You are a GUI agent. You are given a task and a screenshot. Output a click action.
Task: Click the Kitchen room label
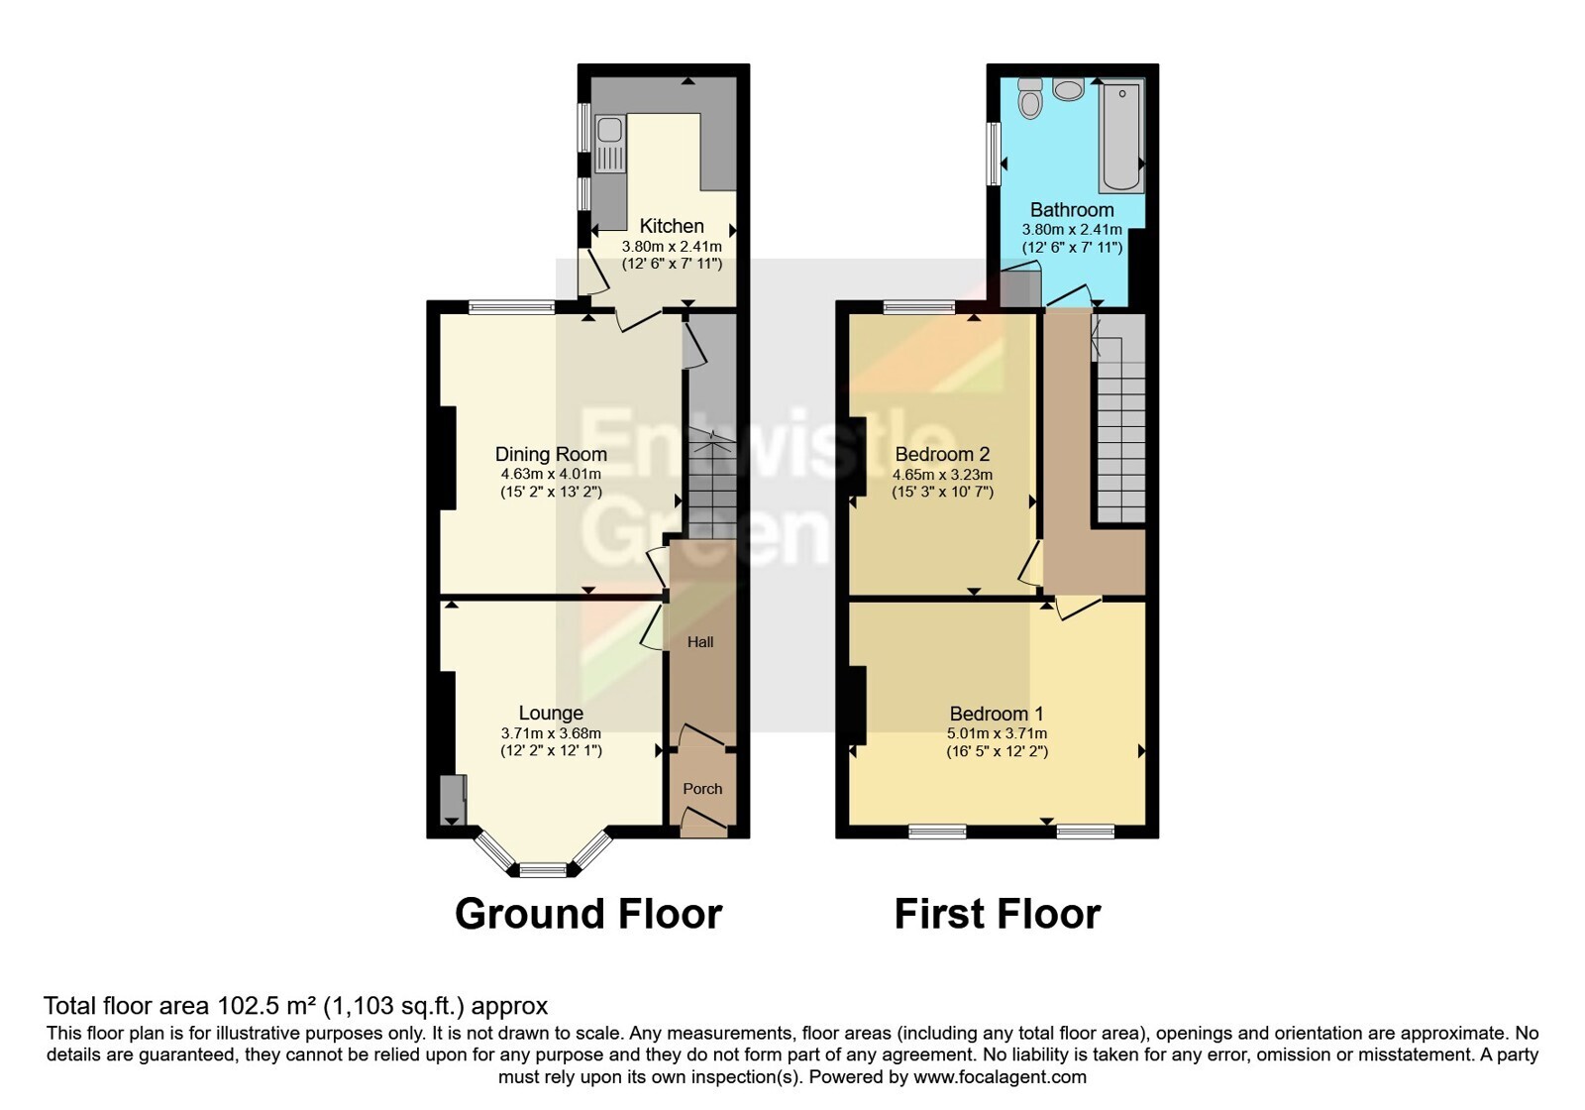pos(671,226)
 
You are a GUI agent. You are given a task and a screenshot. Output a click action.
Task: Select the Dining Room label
pos(551,454)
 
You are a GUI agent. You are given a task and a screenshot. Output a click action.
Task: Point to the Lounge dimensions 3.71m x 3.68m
pos(551,733)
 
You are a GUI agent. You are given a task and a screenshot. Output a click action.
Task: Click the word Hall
pos(700,642)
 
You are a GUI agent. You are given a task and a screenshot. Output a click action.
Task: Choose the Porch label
pos(702,789)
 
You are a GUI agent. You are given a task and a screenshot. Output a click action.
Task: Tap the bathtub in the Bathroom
pos(1121,138)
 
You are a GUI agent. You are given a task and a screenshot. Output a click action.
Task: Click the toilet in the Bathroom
pos(1030,100)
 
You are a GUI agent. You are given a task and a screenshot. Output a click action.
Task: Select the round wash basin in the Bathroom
pos(1068,90)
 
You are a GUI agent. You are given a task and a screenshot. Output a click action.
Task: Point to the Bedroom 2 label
pos(942,454)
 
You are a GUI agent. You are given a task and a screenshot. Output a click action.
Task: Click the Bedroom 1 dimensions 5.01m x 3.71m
pos(997,733)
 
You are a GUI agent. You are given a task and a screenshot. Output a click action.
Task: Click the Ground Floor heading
pos(588,914)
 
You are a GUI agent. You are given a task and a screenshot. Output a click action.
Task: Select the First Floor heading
pos(997,914)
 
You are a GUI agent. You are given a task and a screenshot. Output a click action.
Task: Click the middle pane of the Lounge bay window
pos(543,870)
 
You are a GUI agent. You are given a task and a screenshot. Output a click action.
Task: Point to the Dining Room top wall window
pos(511,307)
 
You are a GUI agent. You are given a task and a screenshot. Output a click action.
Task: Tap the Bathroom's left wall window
pos(994,154)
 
